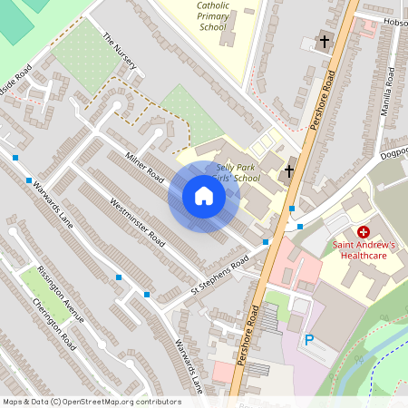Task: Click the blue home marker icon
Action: click(204, 197)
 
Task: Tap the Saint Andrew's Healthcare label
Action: click(364, 250)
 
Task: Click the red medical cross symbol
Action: click(364, 233)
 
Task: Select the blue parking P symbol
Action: click(308, 340)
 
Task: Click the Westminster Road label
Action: click(137, 221)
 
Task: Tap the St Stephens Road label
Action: click(219, 277)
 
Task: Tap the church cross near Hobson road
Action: click(325, 40)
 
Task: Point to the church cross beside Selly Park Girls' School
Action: click(289, 171)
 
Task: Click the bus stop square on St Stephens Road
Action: click(147, 294)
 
